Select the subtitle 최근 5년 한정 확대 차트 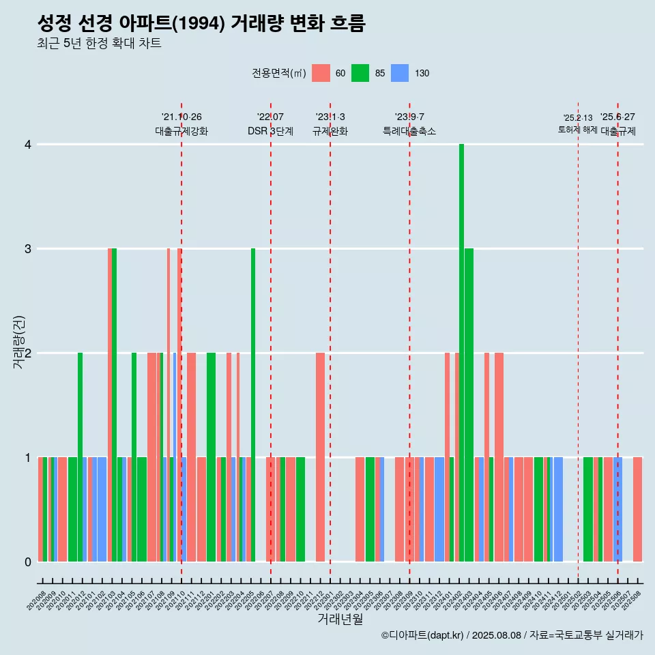coord(99,44)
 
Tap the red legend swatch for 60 coord(321,73)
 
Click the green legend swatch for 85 coord(360,73)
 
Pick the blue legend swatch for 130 coord(400,73)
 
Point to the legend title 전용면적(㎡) coord(279,73)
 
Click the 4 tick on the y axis coord(28,145)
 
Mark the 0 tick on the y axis coord(28,562)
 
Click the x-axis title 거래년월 coord(340,619)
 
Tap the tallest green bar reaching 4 coord(462,353)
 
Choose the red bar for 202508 coord(637,509)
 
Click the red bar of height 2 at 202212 coord(320,457)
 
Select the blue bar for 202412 coord(558,509)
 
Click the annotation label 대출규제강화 coord(181,131)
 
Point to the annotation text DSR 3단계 coord(270,131)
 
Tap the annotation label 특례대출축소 coord(409,131)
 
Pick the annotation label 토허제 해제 coord(578,129)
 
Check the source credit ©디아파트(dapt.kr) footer coord(512,635)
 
